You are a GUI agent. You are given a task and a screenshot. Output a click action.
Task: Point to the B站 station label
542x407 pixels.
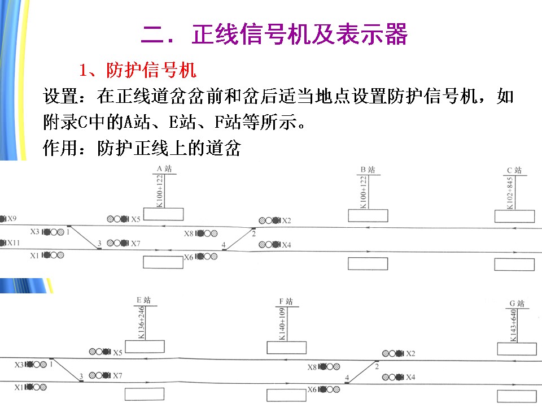coord(367,169)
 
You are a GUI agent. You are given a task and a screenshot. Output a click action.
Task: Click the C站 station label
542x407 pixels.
coord(514,170)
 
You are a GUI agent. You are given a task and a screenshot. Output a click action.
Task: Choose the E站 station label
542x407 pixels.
coord(144,300)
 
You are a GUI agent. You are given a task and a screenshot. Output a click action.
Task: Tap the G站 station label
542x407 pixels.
coord(517,304)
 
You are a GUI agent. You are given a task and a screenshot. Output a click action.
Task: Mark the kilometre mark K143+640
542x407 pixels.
coord(513,326)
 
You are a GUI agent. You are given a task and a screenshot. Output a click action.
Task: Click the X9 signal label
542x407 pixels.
coord(12,218)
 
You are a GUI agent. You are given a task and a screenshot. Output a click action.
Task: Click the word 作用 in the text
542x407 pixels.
coord(56,149)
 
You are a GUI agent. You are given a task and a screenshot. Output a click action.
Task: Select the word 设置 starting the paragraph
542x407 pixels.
coord(56,96)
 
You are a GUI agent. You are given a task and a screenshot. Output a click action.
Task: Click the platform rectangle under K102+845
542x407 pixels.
coord(514,217)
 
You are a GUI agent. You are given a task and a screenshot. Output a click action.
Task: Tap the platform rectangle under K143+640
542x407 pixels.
coord(516,348)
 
